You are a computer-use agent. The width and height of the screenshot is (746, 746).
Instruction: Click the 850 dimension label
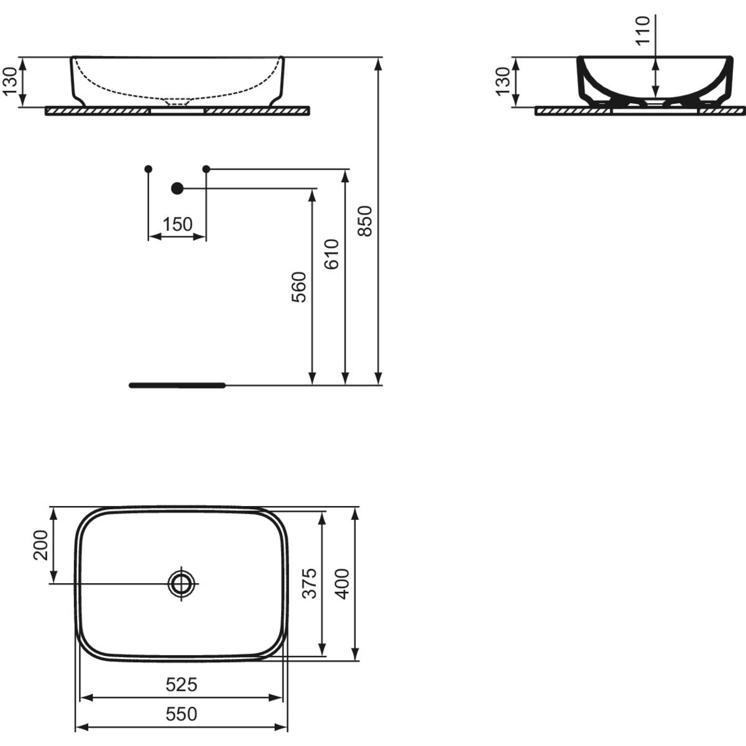[364, 221]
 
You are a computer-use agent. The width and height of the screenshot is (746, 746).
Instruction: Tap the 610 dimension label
[331, 254]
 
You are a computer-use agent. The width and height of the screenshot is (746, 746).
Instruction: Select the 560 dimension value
[299, 287]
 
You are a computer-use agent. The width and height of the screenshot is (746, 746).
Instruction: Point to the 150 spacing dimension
[177, 224]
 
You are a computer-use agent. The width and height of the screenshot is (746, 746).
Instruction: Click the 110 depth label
[643, 30]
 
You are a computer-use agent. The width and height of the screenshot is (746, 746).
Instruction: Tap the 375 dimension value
[309, 583]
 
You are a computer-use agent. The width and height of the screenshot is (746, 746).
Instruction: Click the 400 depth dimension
[341, 584]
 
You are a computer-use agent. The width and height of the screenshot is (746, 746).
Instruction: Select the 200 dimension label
[40, 545]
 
